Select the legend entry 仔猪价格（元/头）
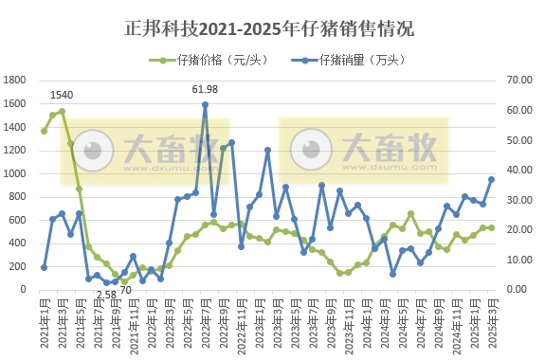[x=208, y=60]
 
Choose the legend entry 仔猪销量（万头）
[x=361, y=60]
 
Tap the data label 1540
[x=62, y=95]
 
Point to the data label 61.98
[x=205, y=89]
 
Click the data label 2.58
[x=106, y=295]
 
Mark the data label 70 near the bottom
[x=124, y=289]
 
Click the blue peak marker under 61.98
[x=205, y=104]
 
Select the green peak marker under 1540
[x=62, y=111]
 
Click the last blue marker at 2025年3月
[x=491, y=179]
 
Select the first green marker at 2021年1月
[x=44, y=130]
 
